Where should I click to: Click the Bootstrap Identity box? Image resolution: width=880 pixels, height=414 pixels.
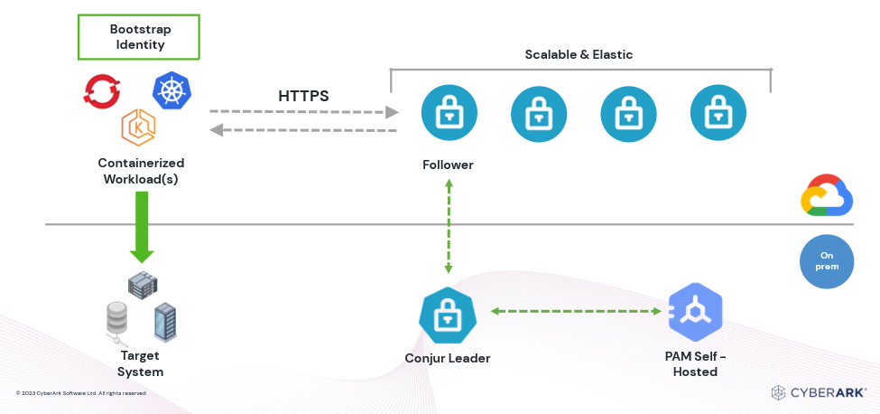(x=138, y=37)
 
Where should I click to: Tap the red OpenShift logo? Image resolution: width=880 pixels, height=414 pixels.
(x=101, y=90)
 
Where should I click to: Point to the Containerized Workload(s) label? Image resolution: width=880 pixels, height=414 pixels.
(x=141, y=171)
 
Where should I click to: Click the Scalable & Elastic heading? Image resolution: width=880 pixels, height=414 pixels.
(x=579, y=54)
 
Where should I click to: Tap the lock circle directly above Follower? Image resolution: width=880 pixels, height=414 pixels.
(x=449, y=113)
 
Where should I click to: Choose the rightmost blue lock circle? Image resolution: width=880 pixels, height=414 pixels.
(x=718, y=113)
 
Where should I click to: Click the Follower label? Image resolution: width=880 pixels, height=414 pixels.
(x=448, y=165)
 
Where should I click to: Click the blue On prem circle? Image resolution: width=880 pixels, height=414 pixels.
(x=826, y=261)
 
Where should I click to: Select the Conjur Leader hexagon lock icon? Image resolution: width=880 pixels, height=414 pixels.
(x=447, y=315)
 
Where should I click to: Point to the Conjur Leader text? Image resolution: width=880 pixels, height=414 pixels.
(x=447, y=358)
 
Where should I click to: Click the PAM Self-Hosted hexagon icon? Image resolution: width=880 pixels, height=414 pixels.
(x=695, y=311)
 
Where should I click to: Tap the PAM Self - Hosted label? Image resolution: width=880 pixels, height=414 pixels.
(x=695, y=363)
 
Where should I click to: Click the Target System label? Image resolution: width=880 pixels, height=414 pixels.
(x=140, y=364)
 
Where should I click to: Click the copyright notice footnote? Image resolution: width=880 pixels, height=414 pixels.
(x=81, y=393)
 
